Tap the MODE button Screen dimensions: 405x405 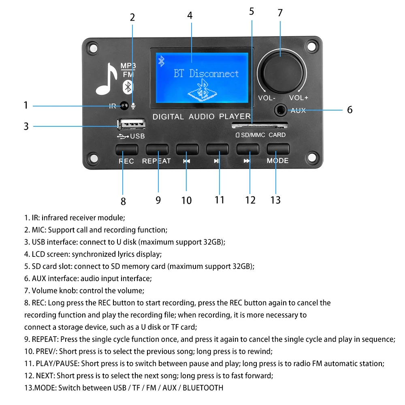[x=278, y=149]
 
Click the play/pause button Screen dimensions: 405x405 [x=217, y=149]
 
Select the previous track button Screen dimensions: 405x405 [x=187, y=149]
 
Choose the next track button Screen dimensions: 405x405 [x=247, y=149]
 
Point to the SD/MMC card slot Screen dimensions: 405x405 [x=259, y=124]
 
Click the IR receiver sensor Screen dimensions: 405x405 [x=124, y=106]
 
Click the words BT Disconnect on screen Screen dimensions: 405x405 [x=206, y=74]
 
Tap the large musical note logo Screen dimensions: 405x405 [x=107, y=80]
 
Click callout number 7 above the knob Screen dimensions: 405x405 [x=280, y=13]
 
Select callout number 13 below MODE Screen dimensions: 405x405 [x=275, y=200]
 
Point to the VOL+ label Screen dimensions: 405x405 [x=298, y=98]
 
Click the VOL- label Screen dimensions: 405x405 [x=266, y=98]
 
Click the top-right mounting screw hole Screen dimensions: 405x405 [x=311, y=47]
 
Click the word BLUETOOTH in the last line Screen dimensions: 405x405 [x=203, y=388]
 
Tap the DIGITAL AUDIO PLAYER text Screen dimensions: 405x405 [x=201, y=117]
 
